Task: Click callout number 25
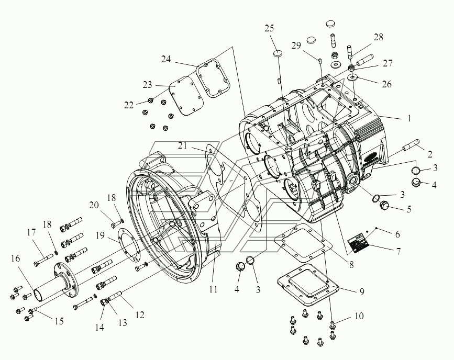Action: tap(269, 28)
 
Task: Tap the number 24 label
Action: tap(166, 59)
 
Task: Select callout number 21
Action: tap(182, 145)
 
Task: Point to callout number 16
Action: tap(16, 258)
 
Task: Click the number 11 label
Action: tap(214, 289)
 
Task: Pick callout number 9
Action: tap(362, 291)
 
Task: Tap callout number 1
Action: tap(409, 118)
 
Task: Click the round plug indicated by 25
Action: tap(278, 53)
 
